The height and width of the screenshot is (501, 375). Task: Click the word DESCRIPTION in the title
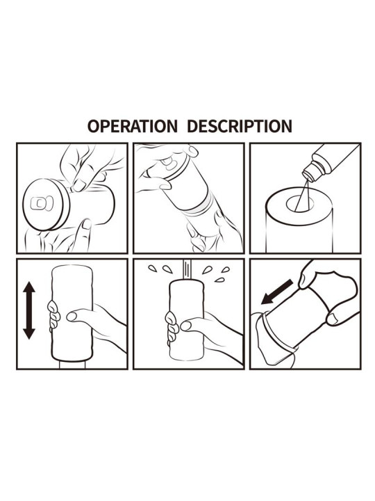point(238,126)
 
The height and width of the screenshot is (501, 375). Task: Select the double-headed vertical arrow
point(28,310)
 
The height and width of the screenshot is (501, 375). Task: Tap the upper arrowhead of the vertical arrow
point(28,289)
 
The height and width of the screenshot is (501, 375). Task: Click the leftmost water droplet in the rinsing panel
point(153,269)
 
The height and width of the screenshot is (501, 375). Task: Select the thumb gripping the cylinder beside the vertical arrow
point(73,317)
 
